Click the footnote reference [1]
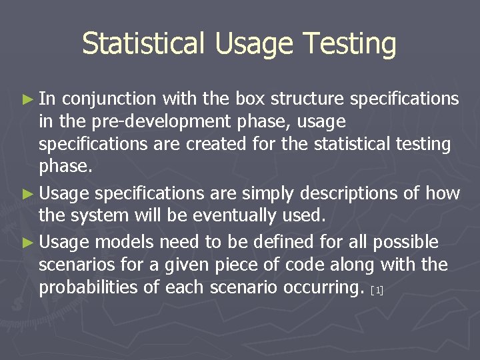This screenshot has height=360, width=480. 377,291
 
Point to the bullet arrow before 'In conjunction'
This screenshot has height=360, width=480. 27,99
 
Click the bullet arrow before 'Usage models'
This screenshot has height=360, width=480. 27,241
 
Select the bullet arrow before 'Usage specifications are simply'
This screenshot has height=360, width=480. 27,194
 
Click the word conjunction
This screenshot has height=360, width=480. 109,99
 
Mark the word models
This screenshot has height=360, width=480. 123,241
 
